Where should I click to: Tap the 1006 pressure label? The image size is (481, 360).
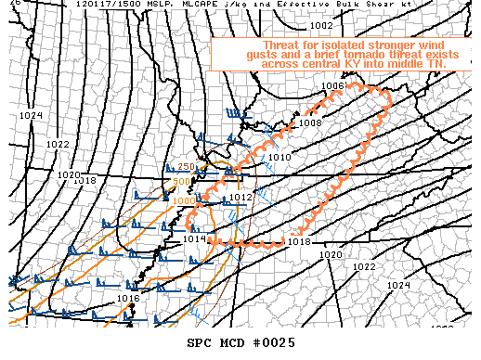pos(333,85)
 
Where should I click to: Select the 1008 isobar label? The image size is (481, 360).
pos(309,122)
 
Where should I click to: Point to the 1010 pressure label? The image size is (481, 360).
pos(280,158)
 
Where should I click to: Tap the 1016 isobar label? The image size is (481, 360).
pos(128,298)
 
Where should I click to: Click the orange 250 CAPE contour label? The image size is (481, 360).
pos(186,167)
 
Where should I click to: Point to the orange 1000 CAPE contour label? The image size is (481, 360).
pos(182,200)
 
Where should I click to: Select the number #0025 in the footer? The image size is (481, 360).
pos(275,343)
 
